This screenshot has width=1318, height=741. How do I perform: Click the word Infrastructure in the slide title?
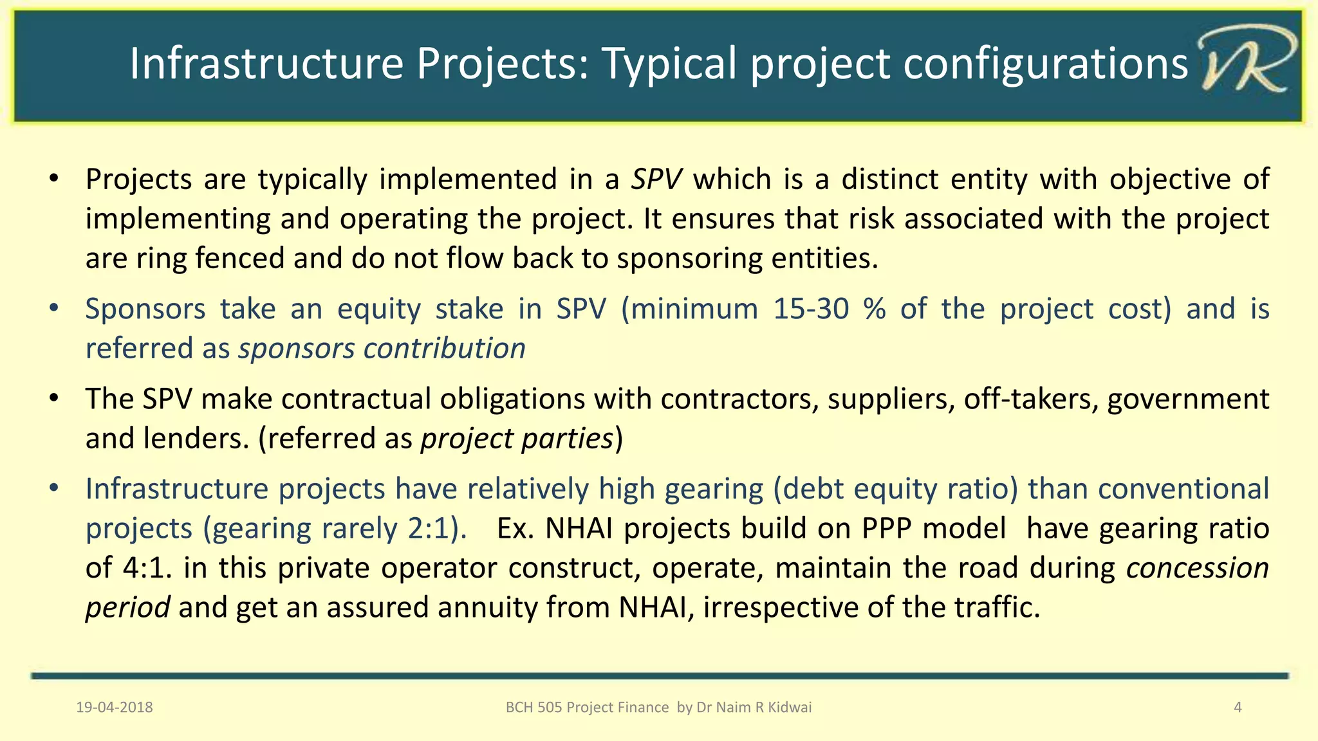tap(266, 63)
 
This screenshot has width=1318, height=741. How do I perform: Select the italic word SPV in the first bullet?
tap(656, 179)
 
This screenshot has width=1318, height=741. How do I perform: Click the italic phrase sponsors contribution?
tap(382, 349)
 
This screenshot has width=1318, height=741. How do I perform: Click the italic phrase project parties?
tap(516, 439)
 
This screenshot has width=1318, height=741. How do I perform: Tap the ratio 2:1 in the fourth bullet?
tap(431, 529)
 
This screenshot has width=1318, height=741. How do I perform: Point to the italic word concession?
tap(1197, 568)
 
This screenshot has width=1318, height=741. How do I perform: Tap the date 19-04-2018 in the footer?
tap(115, 708)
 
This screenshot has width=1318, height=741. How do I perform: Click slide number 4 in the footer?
tap(1237, 708)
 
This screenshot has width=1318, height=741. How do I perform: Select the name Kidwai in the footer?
tap(790, 708)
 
